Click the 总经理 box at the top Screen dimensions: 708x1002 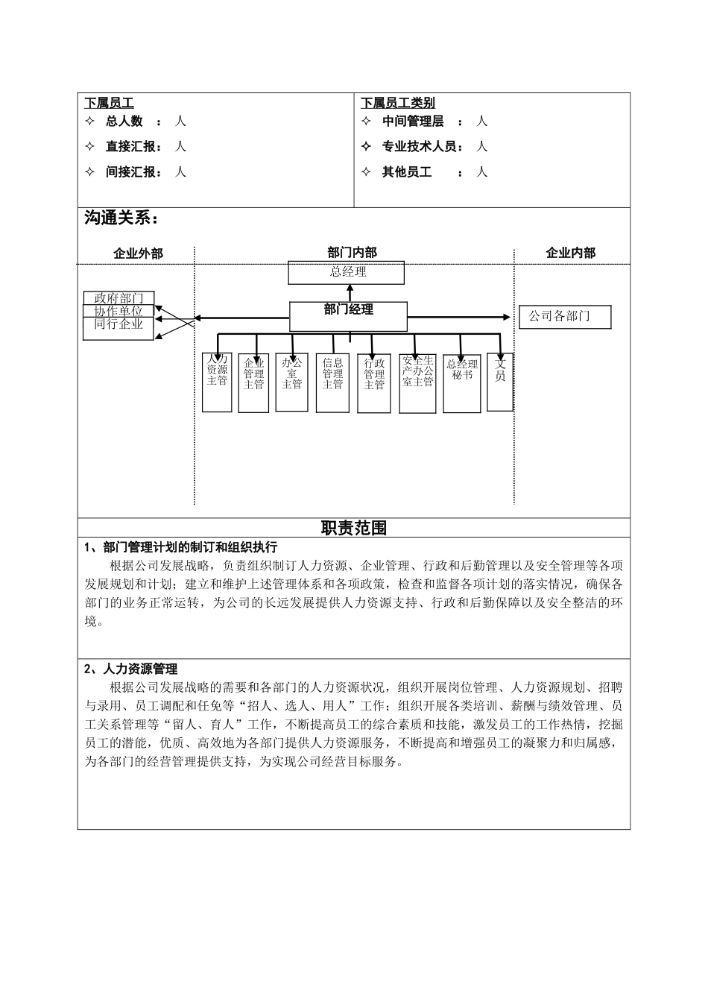[347, 273]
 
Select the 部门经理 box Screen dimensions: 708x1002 [348, 316]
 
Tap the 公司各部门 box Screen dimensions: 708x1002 [564, 317]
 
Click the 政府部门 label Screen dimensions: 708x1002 [118, 299]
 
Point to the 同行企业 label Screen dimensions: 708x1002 [118, 326]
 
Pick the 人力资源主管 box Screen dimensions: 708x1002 [217, 382]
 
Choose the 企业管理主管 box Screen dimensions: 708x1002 [253, 382]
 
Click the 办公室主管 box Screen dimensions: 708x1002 [291, 382]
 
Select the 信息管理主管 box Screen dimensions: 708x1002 [332, 382]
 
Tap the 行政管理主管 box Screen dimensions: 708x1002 [374, 382]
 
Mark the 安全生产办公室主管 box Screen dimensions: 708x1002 [417, 382]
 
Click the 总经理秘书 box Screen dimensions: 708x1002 [461, 382]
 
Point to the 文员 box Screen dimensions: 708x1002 [500, 382]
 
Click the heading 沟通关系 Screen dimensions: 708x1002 [121, 218]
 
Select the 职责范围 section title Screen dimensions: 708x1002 [353, 528]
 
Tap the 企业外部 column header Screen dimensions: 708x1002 [138, 253]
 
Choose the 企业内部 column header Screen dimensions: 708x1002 [570, 253]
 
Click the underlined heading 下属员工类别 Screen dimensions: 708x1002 [398, 104]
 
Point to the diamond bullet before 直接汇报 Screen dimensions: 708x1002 [91, 147]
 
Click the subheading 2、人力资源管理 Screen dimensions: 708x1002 [131, 669]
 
